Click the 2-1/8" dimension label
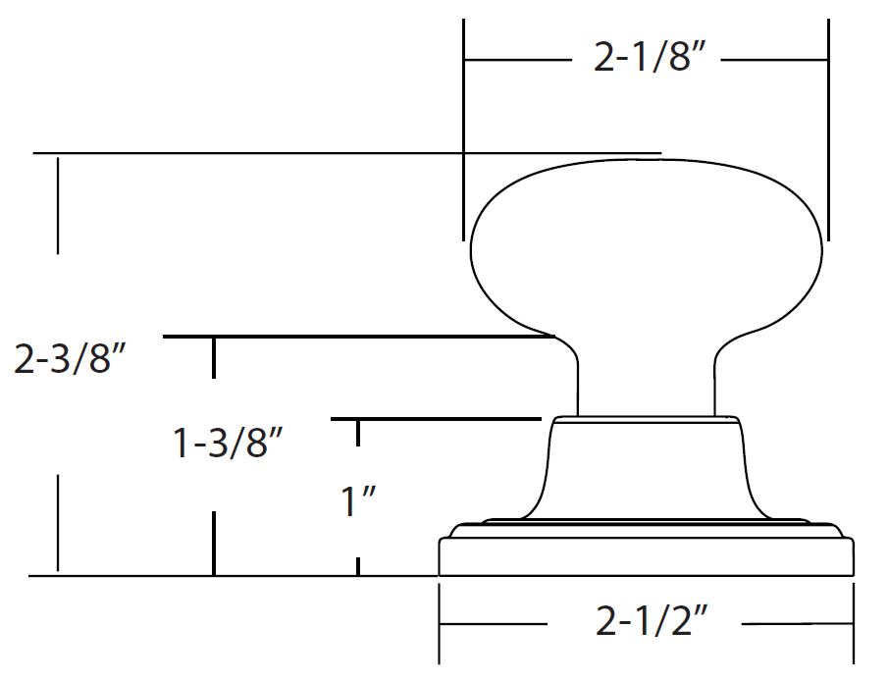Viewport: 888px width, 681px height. tap(651, 57)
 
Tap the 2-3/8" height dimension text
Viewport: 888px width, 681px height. tap(70, 358)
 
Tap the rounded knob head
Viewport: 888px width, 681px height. tap(647, 246)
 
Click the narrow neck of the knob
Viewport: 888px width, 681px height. tap(647, 377)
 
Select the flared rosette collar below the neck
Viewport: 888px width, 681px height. tap(647, 467)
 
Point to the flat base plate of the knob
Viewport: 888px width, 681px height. tap(647, 556)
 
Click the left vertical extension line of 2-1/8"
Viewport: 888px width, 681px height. tap(463, 130)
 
